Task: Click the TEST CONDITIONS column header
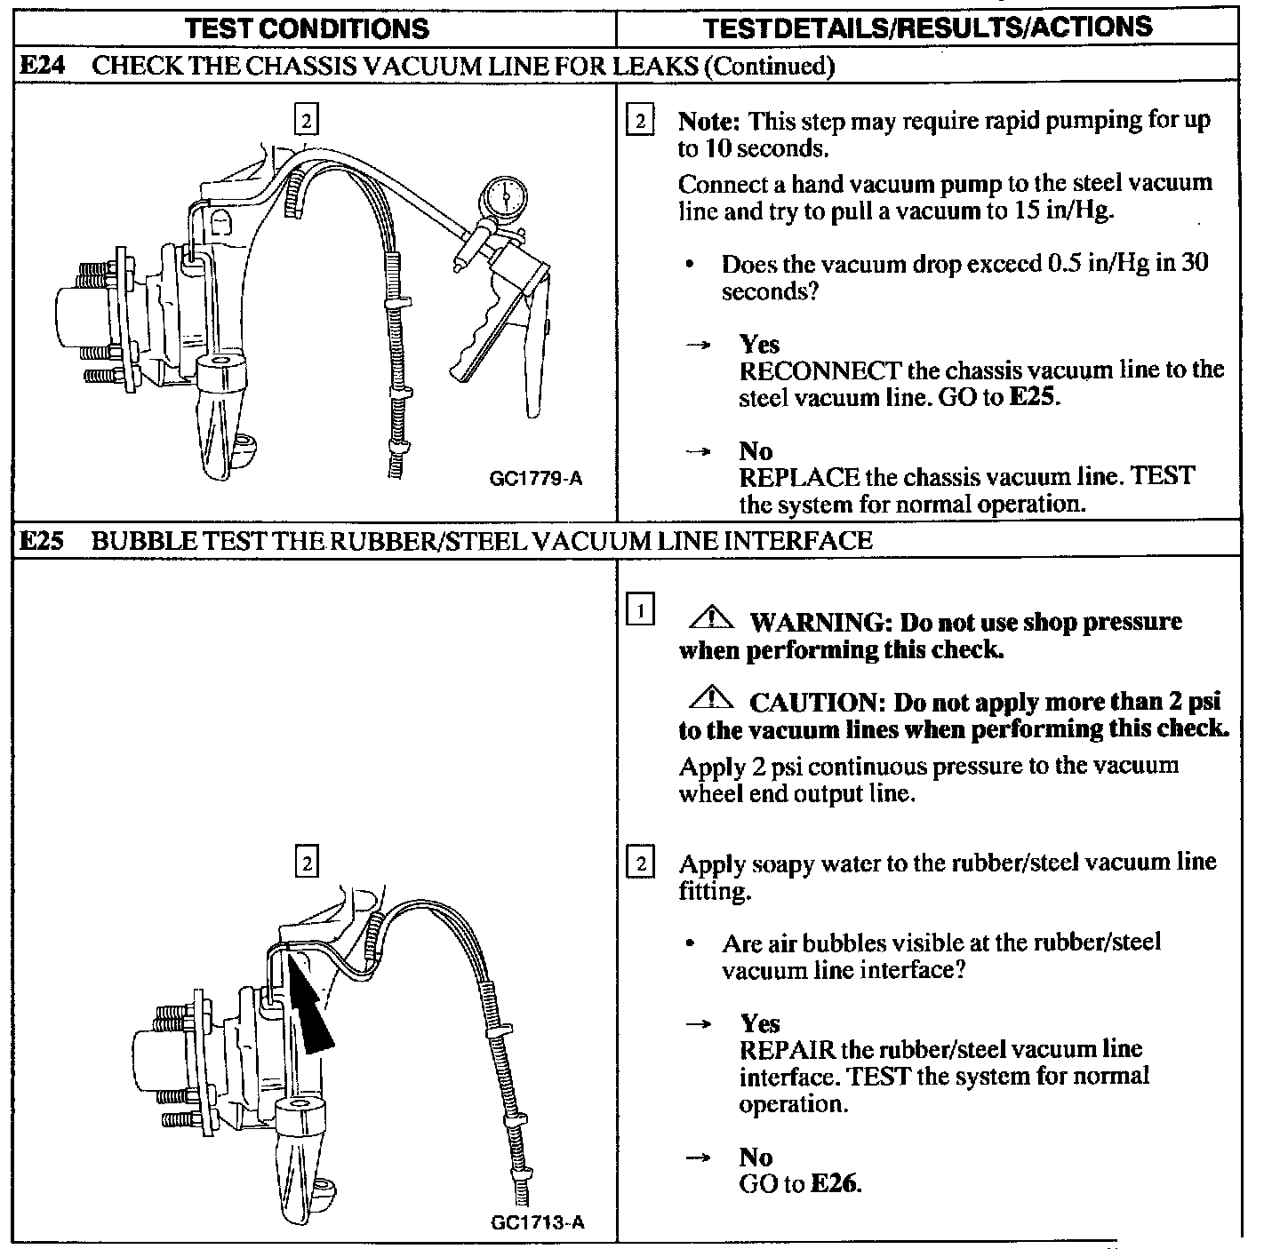click(308, 28)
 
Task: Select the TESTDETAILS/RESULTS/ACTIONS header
click(927, 28)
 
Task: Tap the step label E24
click(41, 66)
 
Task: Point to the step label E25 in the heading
click(41, 540)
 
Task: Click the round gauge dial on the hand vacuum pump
click(503, 196)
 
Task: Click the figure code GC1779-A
click(536, 480)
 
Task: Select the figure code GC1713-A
click(538, 1222)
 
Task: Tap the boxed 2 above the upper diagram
click(306, 119)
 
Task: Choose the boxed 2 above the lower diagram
click(306, 863)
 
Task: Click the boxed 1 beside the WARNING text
click(640, 611)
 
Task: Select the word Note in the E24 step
click(709, 121)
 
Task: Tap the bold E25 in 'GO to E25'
click(1035, 397)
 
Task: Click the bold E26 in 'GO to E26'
click(836, 1184)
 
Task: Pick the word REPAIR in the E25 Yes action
click(787, 1049)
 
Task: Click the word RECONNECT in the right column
click(820, 370)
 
